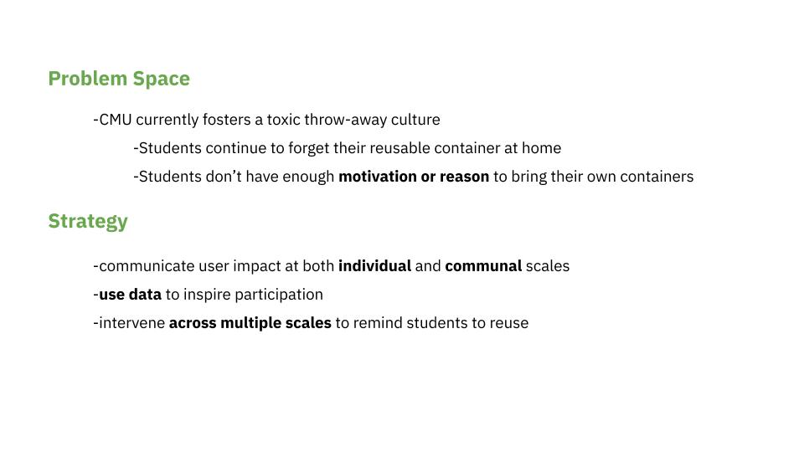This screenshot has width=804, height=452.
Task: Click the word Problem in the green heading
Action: (88, 79)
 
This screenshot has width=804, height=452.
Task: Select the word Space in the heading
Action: (162, 79)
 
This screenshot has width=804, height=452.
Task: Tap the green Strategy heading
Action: (88, 221)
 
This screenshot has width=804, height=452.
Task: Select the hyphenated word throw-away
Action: (346, 120)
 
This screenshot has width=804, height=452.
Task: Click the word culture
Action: (415, 120)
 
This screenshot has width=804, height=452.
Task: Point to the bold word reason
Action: (464, 177)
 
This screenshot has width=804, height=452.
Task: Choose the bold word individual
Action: (375, 266)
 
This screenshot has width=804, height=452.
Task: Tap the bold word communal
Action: (483, 266)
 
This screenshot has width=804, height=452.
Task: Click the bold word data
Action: (145, 294)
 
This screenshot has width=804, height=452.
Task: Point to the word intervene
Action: (131, 323)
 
